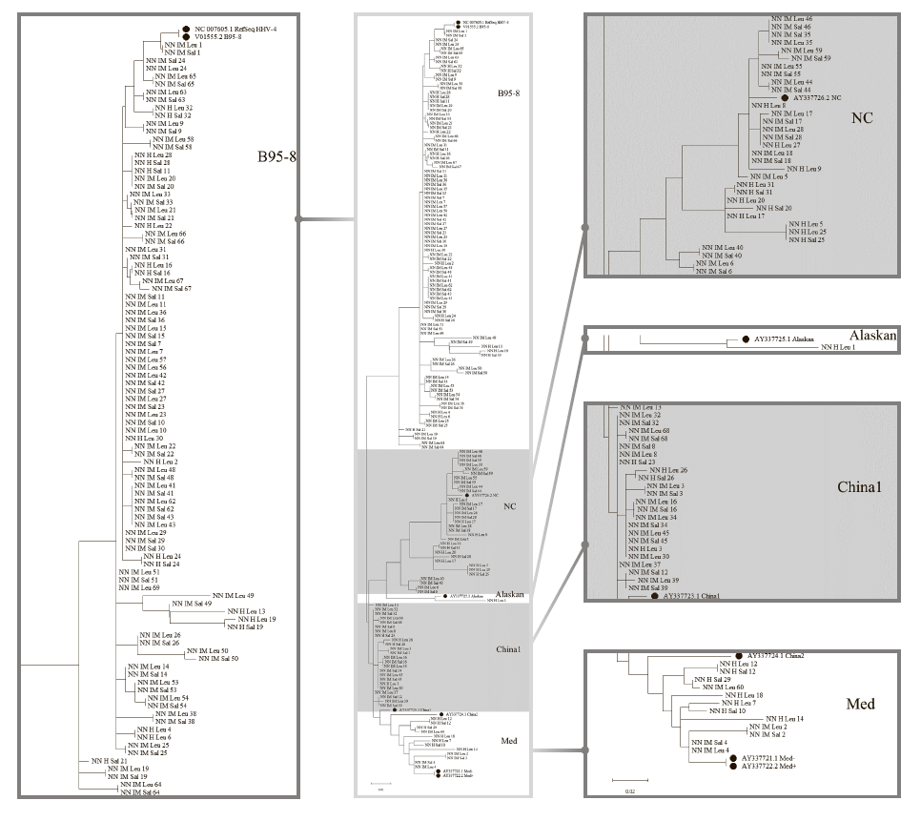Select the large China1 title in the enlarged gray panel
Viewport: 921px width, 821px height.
(x=864, y=486)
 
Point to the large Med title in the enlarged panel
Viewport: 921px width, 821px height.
(x=862, y=706)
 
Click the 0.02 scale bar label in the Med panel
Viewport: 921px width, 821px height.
(x=629, y=790)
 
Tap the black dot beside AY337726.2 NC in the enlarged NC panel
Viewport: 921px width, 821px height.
(x=784, y=97)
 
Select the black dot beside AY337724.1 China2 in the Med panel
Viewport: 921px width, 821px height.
(x=739, y=655)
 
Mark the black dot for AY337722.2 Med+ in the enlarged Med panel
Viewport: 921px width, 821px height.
(x=733, y=766)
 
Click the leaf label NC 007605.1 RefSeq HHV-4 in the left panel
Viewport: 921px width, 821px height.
(x=236, y=29)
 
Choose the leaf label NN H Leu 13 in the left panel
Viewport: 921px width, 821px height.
(x=246, y=611)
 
